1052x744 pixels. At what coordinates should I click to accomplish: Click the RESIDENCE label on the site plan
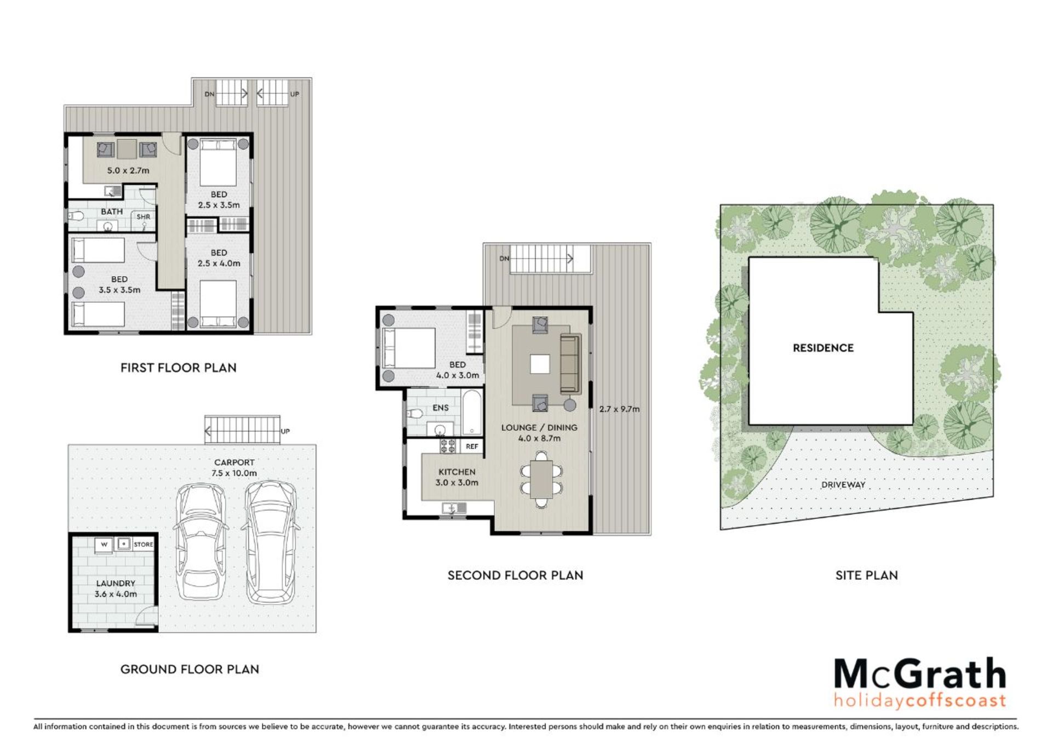point(823,348)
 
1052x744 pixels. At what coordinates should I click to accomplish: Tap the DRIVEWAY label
point(843,485)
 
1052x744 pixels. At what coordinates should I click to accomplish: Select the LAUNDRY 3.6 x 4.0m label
point(116,588)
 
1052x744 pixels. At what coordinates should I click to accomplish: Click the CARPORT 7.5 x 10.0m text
point(234,468)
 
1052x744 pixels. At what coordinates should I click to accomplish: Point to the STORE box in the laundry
point(144,545)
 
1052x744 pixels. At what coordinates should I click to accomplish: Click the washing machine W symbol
point(104,545)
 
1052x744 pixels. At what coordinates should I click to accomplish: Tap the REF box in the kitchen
point(472,447)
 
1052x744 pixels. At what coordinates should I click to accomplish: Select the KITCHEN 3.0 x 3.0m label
point(457,477)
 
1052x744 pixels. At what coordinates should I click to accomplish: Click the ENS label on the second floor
point(441,408)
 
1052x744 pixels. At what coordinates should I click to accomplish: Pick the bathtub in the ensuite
point(472,412)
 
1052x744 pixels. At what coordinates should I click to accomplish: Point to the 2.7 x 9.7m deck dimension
point(619,409)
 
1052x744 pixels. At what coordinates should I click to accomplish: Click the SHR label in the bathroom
point(144,217)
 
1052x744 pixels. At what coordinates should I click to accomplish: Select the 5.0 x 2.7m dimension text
point(128,170)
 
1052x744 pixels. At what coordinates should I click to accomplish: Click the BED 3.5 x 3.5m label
point(119,285)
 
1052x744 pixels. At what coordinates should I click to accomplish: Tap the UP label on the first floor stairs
point(295,94)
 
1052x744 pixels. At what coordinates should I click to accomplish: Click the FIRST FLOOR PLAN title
point(179,368)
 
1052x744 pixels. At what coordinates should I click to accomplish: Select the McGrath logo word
point(921,675)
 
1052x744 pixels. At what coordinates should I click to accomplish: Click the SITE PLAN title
point(867,575)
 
